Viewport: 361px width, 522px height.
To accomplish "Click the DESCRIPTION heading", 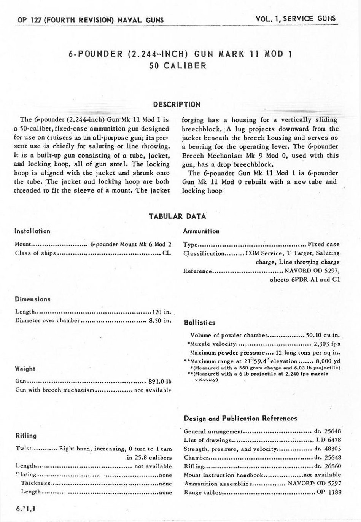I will (x=177, y=104).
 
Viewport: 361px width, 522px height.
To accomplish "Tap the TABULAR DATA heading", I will (x=178, y=216).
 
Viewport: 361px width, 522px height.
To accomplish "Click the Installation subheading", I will (x=32, y=231).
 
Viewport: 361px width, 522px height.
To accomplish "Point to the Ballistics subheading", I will (x=200, y=323).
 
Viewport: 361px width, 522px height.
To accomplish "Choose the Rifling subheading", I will (x=26, y=436).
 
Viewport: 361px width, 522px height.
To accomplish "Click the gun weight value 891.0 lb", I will (x=159, y=381).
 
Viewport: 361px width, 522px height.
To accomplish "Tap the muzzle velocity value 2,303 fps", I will (x=327, y=344).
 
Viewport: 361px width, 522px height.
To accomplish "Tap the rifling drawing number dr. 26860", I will (x=327, y=466).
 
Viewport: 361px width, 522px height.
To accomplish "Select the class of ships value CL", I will (x=167, y=253).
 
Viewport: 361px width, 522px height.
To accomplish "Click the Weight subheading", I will (x=25, y=369).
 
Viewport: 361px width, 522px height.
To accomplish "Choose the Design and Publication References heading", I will (x=240, y=419).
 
